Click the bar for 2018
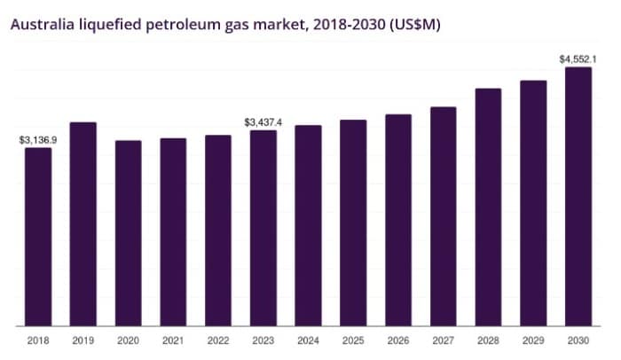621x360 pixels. [x=38, y=237]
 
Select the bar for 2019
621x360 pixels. [x=83, y=223]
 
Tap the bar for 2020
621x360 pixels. [x=128, y=233]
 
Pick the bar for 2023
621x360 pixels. [x=263, y=228]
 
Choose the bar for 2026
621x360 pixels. [x=398, y=220]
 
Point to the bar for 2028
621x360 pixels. [x=489, y=207]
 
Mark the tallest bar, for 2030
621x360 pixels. [x=578, y=196]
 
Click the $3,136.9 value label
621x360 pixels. [x=38, y=140]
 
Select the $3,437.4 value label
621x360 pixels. [x=263, y=122]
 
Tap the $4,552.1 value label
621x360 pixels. [x=578, y=59]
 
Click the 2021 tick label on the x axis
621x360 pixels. [x=173, y=340]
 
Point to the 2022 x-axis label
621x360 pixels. [x=218, y=340]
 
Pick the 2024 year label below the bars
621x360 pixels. [x=308, y=340]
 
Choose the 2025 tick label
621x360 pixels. [x=353, y=340]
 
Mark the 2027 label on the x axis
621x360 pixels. [x=444, y=340]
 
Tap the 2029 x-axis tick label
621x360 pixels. [x=533, y=340]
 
